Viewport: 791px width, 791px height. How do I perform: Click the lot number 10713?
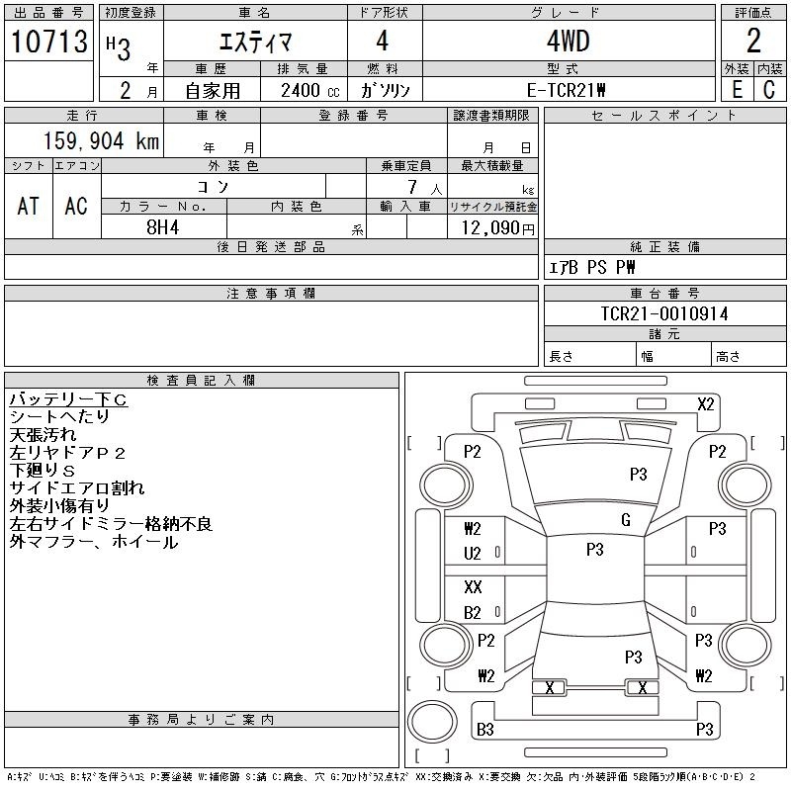(x=49, y=42)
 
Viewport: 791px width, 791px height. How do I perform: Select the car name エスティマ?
(x=253, y=41)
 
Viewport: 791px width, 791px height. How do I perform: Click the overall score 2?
(x=753, y=42)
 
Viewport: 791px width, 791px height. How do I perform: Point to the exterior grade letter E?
(x=737, y=89)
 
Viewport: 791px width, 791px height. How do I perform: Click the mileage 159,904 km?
(x=99, y=141)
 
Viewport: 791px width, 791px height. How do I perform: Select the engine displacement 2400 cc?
(x=303, y=89)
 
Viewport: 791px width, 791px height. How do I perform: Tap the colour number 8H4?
(x=163, y=226)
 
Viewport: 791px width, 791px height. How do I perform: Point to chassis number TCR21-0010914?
(x=664, y=313)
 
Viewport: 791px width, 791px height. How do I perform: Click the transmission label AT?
(x=29, y=206)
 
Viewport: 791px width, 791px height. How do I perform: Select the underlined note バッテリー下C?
(x=68, y=399)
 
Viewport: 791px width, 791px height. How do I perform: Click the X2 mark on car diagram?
(x=705, y=403)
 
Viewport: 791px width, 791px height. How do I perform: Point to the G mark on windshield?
(x=625, y=520)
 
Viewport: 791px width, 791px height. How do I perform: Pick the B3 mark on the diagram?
(x=484, y=730)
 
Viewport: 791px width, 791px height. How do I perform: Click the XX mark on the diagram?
(x=473, y=586)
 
